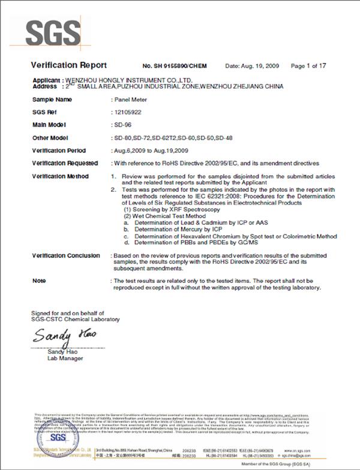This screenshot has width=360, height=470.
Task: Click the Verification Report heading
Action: coord(68,65)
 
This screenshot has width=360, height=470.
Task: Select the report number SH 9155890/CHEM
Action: coord(174,65)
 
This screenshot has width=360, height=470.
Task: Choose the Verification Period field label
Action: coord(59,150)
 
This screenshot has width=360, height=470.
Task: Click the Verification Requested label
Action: coord(64,163)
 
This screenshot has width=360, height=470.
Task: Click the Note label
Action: coord(38,281)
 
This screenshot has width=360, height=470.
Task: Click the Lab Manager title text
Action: coord(65,358)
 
